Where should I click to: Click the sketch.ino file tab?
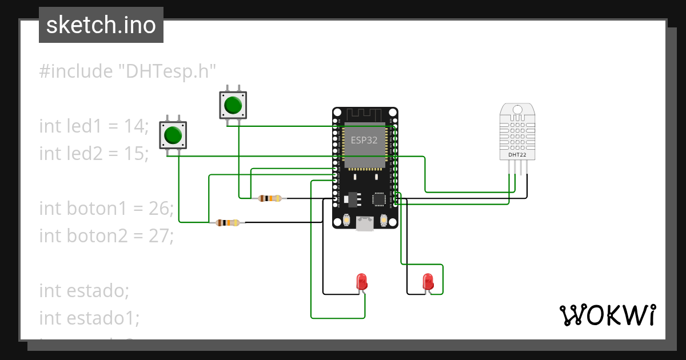101,25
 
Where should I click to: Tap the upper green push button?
233,105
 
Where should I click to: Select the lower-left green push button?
173,135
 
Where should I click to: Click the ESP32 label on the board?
364,141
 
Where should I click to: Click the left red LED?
361,281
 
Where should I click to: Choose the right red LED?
428,282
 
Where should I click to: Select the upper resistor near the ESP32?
270,198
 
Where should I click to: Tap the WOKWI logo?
607,315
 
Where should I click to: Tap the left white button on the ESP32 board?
346,220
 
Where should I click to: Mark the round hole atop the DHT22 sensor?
517,109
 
